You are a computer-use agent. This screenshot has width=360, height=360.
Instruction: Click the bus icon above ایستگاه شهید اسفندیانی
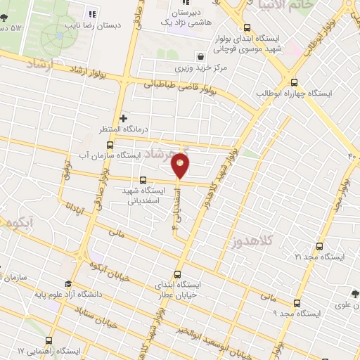143,179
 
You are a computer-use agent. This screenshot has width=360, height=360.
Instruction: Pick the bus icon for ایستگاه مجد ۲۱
320,246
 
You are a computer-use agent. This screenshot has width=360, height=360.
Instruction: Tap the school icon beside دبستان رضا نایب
91,13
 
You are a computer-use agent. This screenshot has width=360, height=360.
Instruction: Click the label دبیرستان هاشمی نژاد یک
189,18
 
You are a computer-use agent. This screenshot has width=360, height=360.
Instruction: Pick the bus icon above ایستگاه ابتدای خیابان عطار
176,274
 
